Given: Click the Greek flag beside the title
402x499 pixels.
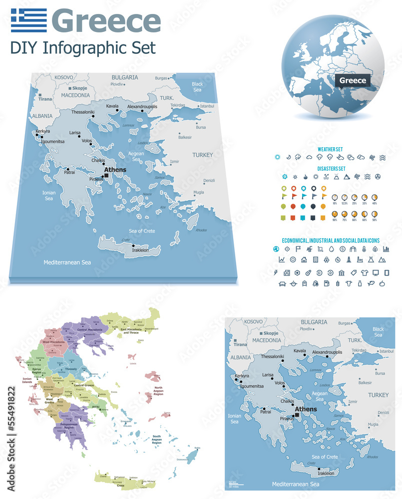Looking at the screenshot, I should (x=28, y=20).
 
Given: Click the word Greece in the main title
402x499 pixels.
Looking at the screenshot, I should (x=106, y=21).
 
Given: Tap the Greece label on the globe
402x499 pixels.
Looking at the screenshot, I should (x=353, y=80).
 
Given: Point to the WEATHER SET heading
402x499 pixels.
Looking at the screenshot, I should (x=330, y=149).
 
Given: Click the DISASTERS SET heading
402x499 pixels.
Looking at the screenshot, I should (x=331, y=169).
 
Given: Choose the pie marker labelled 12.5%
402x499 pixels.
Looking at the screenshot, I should (x=344, y=198).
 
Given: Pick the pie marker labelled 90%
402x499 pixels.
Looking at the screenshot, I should (x=335, y=214).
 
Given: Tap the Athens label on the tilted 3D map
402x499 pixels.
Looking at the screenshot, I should (x=115, y=170).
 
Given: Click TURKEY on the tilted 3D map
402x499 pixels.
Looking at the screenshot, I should (x=203, y=155).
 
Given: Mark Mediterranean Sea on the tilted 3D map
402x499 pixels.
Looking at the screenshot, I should (x=67, y=262).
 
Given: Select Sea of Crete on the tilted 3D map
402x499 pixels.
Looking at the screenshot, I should (x=142, y=231).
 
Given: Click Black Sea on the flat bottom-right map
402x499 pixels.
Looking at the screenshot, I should (x=378, y=332).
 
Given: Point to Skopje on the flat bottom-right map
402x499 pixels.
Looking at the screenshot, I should (x=270, y=333).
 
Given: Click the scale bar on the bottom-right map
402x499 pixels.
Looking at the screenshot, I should (x=236, y=484).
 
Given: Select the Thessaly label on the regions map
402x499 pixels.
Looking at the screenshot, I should (x=71, y=369).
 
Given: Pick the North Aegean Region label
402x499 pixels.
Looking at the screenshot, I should (x=158, y=391).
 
